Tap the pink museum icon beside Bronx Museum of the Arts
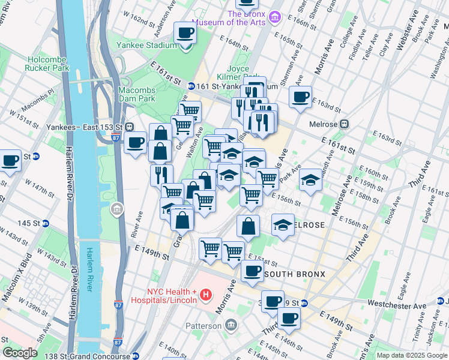click(x=275, y=16)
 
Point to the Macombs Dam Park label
click(x=136, y=95)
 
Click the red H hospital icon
click(x=206, y=295)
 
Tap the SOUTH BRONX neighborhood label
click(x=294, y=274)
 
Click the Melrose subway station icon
click(x=344, y=124)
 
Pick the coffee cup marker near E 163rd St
click(x=300, y=97)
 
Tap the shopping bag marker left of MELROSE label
click(x=248, y=227)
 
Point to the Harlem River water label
click(x=91, y=270)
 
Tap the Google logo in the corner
click(x=20, y=353)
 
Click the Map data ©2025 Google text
click(x=411, y=356)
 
